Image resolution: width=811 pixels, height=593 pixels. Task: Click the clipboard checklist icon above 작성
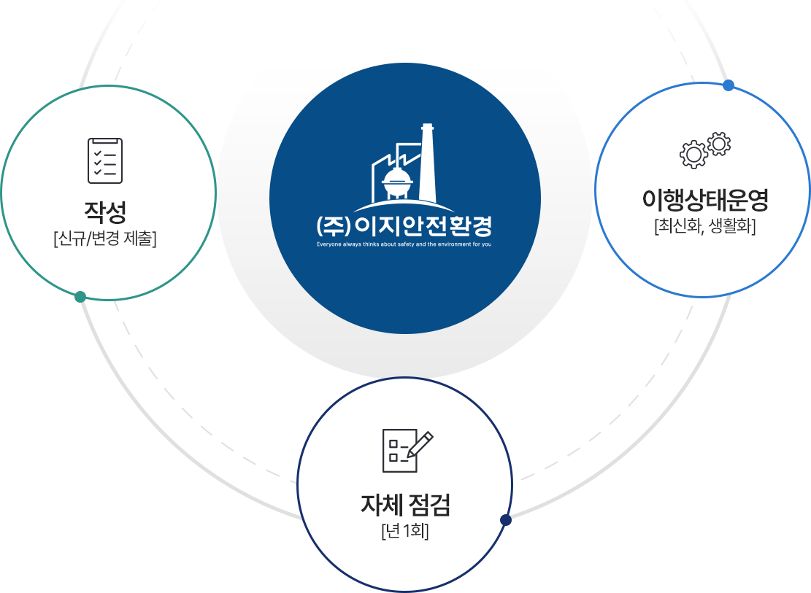[105, 160]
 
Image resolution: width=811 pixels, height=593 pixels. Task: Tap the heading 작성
[105, 212]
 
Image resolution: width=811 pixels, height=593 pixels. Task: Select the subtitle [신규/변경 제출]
[105, 238]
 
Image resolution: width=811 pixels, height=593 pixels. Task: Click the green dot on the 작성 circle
[80, 297]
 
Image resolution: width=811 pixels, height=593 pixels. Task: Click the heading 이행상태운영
[704, 199]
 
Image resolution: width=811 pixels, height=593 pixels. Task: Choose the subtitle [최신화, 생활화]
[704, 226]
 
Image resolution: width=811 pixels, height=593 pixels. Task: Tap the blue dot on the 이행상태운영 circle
[728, 85]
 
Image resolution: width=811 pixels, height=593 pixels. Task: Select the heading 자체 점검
[405, 504]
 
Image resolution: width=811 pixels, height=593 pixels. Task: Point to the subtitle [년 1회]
[405, 530]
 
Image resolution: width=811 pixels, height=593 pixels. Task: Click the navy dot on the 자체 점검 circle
[506, 520]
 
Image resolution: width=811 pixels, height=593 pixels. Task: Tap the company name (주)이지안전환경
[405, 224]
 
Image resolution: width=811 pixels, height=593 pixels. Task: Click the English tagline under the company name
[404, 244]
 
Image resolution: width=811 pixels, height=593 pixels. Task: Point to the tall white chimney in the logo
[428, 164]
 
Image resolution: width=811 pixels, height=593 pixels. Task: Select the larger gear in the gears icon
[693, 153]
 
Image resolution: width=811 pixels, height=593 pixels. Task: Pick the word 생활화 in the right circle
[733, 226]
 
